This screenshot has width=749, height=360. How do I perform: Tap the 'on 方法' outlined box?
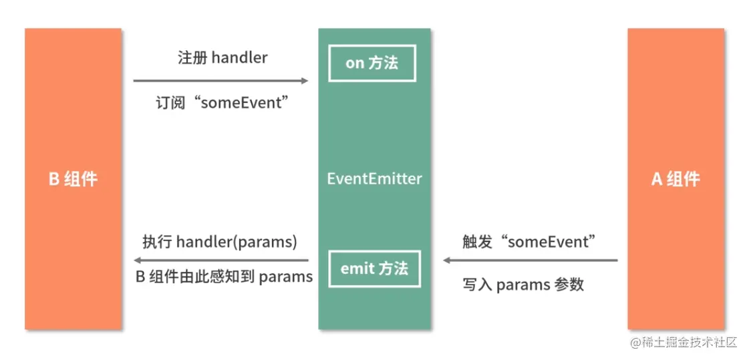371,63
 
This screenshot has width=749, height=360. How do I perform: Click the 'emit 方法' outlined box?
373,268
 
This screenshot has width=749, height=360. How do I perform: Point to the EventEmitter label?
374,179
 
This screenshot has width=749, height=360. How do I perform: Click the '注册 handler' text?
222,57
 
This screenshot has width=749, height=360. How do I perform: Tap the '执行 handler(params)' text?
220,242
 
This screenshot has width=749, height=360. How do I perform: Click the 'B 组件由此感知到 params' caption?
224,277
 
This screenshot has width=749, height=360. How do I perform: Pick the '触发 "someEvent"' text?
529,242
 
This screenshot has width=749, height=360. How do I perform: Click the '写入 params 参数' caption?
523,285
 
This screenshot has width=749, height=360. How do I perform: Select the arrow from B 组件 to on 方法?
220,81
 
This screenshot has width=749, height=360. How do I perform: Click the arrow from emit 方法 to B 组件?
220,260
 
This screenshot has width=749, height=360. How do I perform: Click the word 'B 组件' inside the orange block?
73,179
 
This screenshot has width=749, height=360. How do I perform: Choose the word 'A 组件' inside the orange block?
675,179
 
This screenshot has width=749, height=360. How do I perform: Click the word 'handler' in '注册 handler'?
239,57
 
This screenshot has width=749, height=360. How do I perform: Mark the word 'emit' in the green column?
356,268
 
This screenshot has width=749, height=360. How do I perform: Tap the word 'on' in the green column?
354,63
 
